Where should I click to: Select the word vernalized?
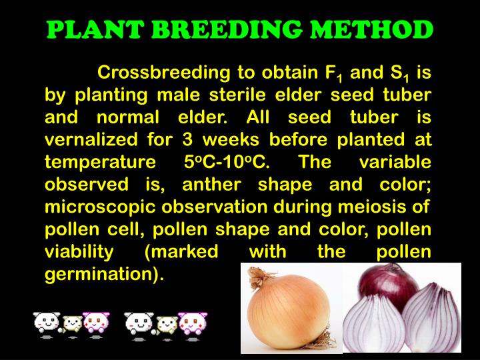pos(91,140)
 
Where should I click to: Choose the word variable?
pos(395,163)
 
